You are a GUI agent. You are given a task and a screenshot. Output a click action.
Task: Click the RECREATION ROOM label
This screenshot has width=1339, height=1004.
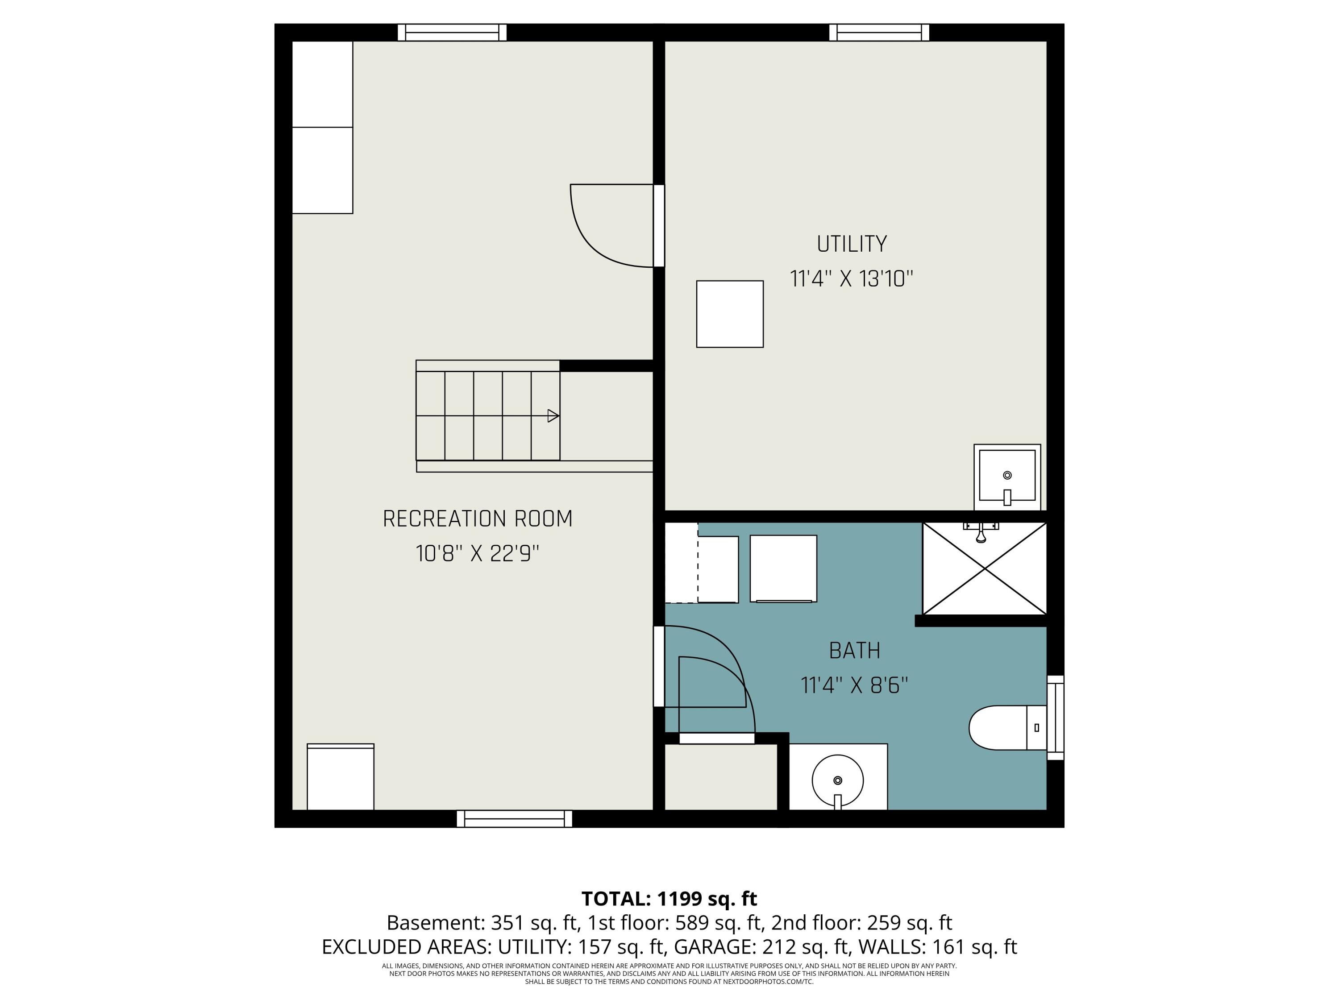pyautogui.click(x=478, y=519)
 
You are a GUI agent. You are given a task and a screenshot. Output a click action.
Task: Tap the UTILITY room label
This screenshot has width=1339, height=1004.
pyautogui.click(x=852, y=244)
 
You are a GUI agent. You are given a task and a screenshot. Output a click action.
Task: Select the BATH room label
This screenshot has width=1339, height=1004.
pyautogui.click(x=854, y=651)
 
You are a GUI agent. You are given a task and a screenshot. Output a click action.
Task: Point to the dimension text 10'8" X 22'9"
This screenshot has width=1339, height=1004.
pyautogui.click(x=478, y=553)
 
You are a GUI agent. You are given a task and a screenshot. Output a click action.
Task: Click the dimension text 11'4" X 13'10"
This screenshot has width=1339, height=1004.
pyautogui.click(x=852, y=279)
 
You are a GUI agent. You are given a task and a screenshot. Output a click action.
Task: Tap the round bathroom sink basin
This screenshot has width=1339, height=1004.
pyautogui.click(x=838, y=781)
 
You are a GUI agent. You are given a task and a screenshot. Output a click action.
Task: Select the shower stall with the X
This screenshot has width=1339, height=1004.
pyautogui.click(x=984, y=568)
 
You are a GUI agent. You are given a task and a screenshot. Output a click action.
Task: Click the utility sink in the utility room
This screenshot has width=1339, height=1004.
pyautogui.click(x=1007, y=477)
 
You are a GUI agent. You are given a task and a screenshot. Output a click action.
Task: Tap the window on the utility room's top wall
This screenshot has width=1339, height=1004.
pyautogui.click(x=879, y=33)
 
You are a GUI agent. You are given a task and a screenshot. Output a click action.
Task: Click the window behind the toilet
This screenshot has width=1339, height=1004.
pyautogui.click(x=1056, y=718)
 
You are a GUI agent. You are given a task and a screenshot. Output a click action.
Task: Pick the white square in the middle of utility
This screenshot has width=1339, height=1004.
pyautogui.click(x=730, y=314)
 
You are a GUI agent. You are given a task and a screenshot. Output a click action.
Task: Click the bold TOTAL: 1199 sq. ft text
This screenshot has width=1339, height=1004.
pyautogui.click(x=669, y=899)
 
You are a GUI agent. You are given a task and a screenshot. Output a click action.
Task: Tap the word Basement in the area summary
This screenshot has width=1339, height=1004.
pyautogui.click(x=435, y=923)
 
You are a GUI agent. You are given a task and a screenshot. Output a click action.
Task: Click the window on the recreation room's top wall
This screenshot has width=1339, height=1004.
pyautogui.click(x=452, y=33)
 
